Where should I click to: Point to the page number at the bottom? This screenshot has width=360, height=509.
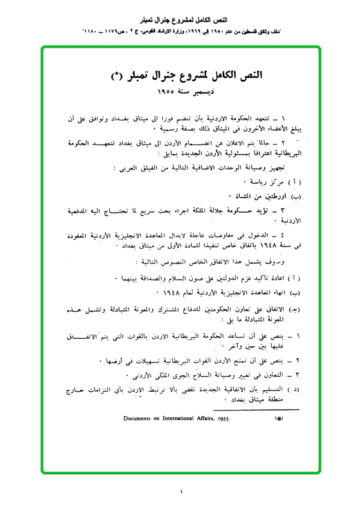coord(180,492)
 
